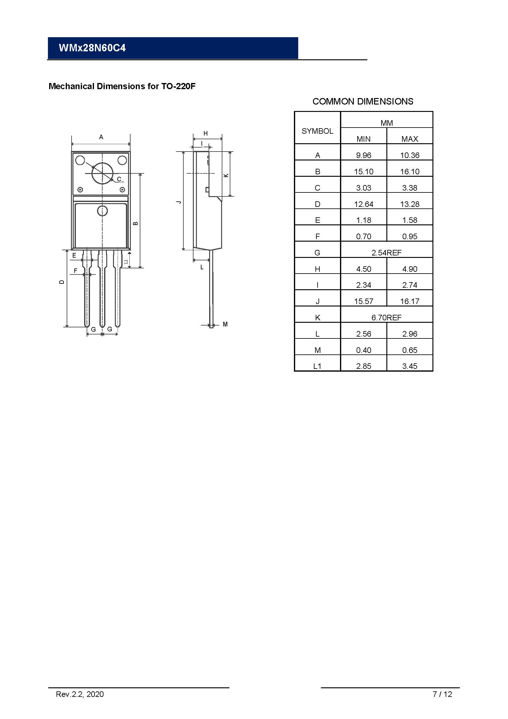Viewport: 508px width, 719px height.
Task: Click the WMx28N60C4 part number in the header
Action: (x=92, y=48)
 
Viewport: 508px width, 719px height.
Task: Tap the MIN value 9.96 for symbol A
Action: (x=363, y=155)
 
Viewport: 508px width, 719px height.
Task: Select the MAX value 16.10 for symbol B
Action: (x=409, y=172)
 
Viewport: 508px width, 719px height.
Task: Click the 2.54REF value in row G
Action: (x=386, y=253)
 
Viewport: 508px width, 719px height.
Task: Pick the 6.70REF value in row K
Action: (x=386, y=318)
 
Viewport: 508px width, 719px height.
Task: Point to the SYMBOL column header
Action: (x=317, y=131)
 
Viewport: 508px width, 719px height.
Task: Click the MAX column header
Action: (x=409, y=139)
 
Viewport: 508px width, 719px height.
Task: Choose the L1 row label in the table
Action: (x=317, y=366)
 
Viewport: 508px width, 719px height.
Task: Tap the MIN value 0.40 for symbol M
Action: (x=363, y=350)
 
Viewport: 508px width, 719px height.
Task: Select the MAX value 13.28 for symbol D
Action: (x=409, y=204)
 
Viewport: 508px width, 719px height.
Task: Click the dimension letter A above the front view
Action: (x=101, y=137)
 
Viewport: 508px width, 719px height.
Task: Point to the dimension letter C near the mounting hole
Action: (x=119, y=180)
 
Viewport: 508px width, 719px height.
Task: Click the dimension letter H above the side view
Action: (x=205, y=133)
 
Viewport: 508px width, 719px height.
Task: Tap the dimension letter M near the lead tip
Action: (x=225, y=324)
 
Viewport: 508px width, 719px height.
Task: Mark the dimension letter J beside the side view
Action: (x=179, y=202)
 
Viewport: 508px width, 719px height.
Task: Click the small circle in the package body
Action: (x=102, y=211)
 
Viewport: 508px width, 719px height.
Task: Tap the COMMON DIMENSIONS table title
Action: (x=363, y=101)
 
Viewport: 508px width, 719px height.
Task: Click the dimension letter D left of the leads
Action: (x=62, y=282)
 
